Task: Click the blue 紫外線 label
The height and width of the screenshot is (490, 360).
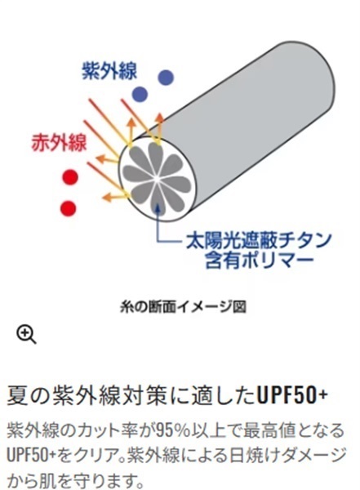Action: [x=109, y=70]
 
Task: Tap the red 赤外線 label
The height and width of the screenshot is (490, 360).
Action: [x=59, y=143]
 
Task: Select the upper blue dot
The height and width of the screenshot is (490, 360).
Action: [x=166, y=78]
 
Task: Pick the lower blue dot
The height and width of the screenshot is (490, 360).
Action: [x=140, y=94]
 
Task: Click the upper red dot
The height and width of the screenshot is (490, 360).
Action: [x=70, y=177]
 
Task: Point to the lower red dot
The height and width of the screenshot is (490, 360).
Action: [x=68, y=207]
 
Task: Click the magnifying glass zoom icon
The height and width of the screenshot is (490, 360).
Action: [x=27, y=335]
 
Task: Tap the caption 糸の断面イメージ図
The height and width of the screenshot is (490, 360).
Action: [x=183, y=307]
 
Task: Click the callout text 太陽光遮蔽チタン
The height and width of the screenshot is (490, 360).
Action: [x=259, y=240]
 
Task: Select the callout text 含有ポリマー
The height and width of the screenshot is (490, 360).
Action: [x=259, y=260]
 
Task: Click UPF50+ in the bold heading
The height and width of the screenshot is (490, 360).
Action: [x=292, y=395]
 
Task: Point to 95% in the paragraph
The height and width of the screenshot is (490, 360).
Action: [x=173, y=430]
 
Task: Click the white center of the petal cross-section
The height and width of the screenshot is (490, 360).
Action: [x=157, y=179]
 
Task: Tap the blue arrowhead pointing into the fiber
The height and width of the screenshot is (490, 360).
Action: [x=158, y=207]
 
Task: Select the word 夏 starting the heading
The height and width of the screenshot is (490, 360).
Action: [x=16, y=395]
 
